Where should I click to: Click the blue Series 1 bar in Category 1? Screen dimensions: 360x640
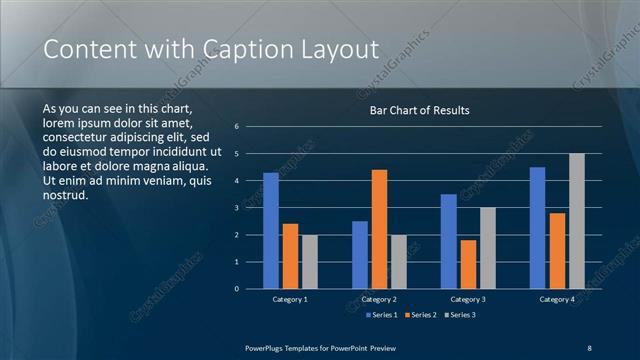pos(270,230)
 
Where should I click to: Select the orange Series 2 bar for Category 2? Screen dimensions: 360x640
pos(379,229)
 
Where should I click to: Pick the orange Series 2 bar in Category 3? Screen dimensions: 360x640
pos(468,264)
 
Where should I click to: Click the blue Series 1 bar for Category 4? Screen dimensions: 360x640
pos(537,227)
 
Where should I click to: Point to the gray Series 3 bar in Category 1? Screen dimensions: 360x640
pos(309,261)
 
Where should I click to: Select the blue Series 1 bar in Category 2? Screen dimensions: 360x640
pos(359,254)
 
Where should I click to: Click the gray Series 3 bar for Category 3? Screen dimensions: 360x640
pos(488,248)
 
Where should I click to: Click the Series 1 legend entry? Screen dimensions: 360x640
pos(381,315)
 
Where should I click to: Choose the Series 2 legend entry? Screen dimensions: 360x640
pos(419,315)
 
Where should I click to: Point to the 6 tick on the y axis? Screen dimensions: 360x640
pos(236,127)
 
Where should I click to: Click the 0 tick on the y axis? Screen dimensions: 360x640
pos(236,288)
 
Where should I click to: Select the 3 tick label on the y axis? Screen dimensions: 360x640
pos(236,208)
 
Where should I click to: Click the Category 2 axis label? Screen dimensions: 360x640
pos(379,299)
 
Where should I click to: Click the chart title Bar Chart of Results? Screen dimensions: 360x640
pos(419,110)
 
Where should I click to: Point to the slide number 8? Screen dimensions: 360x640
pos(589,347)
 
